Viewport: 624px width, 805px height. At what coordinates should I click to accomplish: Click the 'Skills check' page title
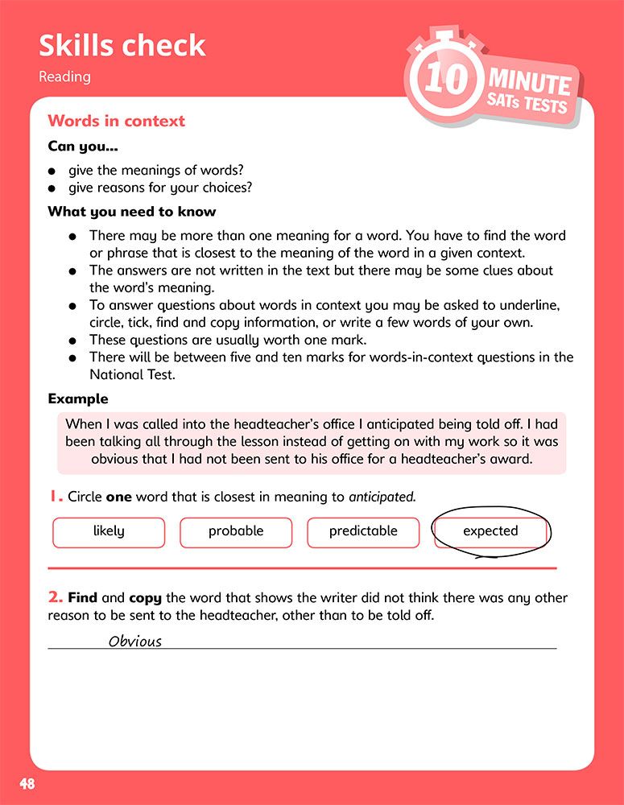click(x=122, y=46)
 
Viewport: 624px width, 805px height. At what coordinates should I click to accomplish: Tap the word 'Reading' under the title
click(x=64, y=77)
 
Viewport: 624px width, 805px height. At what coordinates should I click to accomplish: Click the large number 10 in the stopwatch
click(x=444, y=81)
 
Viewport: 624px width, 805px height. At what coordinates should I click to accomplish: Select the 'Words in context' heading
click(x=116, y=121)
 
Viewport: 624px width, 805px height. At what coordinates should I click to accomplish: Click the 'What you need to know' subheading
click(x=131, y=212)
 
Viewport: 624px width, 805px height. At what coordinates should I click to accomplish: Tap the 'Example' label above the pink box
click(x=77, y=398)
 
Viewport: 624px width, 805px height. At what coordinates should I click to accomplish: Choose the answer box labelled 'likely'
click(x=109, y=531)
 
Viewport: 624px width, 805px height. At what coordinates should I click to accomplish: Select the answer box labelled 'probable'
click(x=236, y=531)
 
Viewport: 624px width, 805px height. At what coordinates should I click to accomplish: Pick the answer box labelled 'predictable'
click(x=363, y=531)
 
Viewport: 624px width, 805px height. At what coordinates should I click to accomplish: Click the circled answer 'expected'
click(x=490, y=531)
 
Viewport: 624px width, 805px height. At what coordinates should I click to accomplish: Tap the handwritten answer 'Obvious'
click(x=135, y=642)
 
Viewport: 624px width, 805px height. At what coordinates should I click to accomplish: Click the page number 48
click(x=27, y=784)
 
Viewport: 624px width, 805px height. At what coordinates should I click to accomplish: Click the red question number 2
click(x=55, y=597)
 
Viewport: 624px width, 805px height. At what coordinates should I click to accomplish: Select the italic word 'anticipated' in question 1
click(x=382, y=497)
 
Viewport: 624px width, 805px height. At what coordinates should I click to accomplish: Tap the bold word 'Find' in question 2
click(x=83, y=598)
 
